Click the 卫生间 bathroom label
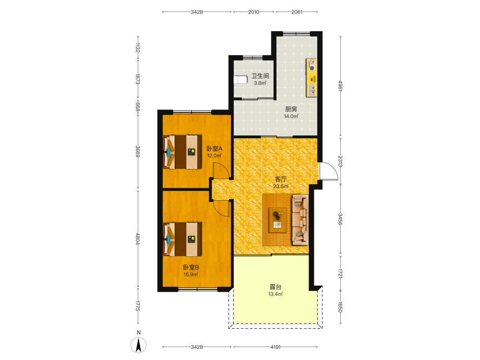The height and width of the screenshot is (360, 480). tap(260, 76)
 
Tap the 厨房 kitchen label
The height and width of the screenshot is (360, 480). tap(291, 109)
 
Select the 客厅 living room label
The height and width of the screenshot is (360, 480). tap(280, 179)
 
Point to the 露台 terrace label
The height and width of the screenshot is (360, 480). tap(275, 287)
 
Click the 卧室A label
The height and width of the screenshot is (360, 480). tap(214, 148)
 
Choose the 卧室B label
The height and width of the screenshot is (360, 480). tap(191, 267)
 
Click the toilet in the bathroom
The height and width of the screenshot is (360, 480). tap(240, 80)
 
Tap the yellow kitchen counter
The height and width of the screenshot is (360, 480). tap(312, 78)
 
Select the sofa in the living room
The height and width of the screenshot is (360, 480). tap(300, 220)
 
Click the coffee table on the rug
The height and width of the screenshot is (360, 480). tap(278, 220)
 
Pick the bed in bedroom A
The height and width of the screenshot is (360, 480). tap(182, 152)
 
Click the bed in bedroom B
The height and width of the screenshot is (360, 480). tap(182, 240)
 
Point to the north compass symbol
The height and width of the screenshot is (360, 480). tap(138, 345)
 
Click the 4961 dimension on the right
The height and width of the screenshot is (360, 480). tap(340, 86)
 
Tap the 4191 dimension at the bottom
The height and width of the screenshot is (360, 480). tap(276, 347)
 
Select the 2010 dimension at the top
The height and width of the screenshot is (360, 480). tap(253, 12)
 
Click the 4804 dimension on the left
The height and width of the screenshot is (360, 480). tap(138, 239)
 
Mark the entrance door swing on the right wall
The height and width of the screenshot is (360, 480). tap(329, 171)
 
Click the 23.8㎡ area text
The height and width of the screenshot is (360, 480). tap(281, 186)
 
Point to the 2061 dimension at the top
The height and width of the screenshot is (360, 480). tap(297, 12)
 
